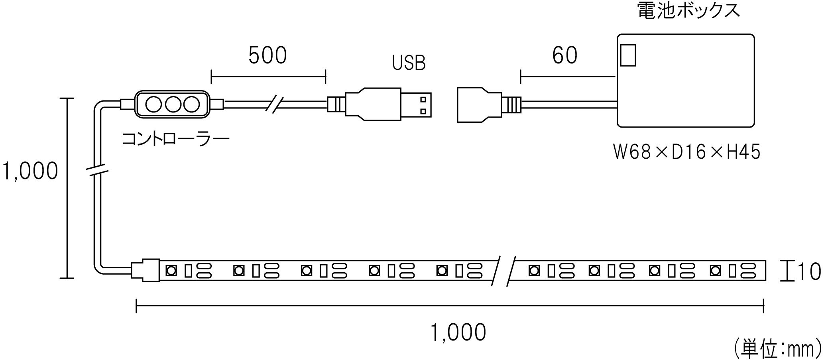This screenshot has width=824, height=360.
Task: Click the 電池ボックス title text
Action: pyautogui.click(x=688, y=11)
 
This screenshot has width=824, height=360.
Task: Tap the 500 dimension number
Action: pyautogui.click(x=267, y=55)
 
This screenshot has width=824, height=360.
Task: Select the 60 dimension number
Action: pyautogui.click(x=564, y=55)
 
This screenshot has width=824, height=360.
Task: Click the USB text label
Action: pyautogui.click(x=409, y=63)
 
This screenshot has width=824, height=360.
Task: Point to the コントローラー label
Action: pyautogui.click(x=175, y=139)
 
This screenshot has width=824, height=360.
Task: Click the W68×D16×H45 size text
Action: pyautogui.click(x=686, y=152)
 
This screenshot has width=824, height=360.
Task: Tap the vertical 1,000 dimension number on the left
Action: pyautogui.click(x=30, y=171)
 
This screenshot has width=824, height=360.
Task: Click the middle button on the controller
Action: pyautogui.click(x=172, y=104)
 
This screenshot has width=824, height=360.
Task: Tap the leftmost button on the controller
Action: pyautogui.click(x=153, y=104)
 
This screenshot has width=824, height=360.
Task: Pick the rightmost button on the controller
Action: pyautogui.click(x=191, y=104)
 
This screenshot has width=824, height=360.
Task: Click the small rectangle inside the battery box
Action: pyautogui.click(x=628, y=55)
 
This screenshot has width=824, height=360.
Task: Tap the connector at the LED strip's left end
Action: pyautogui.click(x=145, y=271)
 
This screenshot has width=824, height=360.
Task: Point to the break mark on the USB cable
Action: pyautogui.click(x=274, y=104)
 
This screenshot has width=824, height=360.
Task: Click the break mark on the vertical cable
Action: pyautogui.click(x=98, y=170)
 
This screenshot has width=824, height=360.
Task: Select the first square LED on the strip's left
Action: pyautogui.click(x=171, y=271)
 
